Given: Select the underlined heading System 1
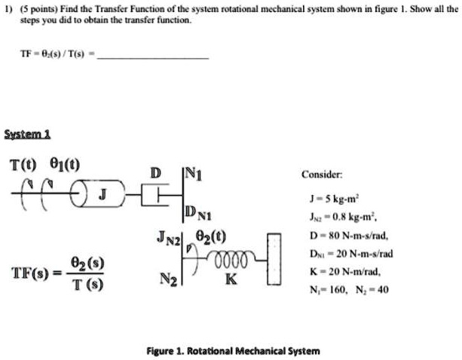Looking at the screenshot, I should coord(27,133).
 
